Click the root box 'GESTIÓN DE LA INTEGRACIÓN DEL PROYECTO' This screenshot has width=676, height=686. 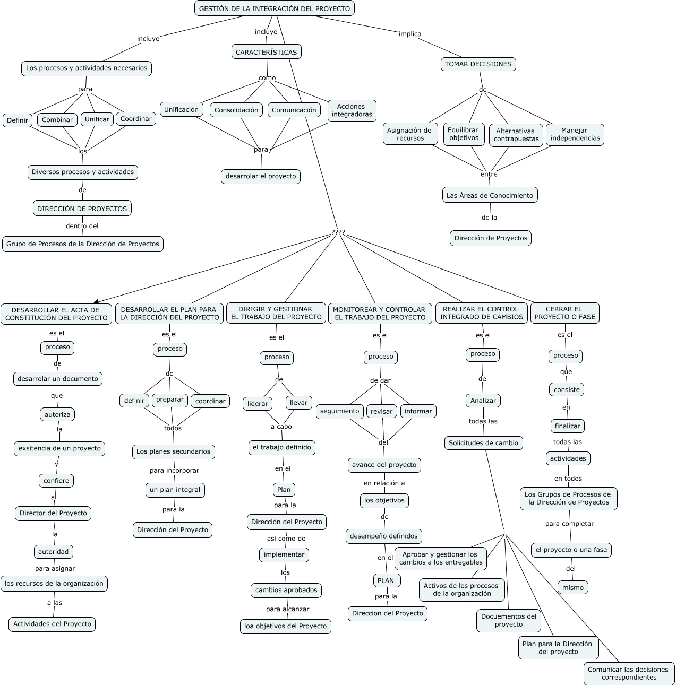click(274, 8)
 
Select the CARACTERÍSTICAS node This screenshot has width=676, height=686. click(267, 52)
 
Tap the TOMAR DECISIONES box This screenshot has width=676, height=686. click(478, 64)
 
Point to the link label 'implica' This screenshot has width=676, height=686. click(409, 34)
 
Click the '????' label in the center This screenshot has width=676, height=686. click(338, 232)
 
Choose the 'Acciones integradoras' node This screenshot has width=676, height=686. click(352, 110)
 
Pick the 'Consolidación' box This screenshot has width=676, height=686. click(236, 110)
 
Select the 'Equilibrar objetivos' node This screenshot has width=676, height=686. click(464, 134)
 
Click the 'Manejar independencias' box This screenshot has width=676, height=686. click(575, 134)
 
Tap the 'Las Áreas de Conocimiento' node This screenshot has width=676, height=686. click(490, 195)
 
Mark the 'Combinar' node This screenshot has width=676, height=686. click(57, 120)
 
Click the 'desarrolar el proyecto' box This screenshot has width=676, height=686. click(260, 176)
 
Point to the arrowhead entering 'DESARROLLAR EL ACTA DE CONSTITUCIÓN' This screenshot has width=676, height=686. click(96, 301)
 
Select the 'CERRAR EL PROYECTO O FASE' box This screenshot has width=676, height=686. click(564, 313)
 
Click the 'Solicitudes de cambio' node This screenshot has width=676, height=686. click(483, 443)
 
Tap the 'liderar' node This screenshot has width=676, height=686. click(258, 404)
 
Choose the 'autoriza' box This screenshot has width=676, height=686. click(57, 414)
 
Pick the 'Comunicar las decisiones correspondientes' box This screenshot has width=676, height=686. click(629, 673)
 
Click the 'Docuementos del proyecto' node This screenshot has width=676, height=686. click(508, 620)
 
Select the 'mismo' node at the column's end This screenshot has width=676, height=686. click(573, 587)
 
